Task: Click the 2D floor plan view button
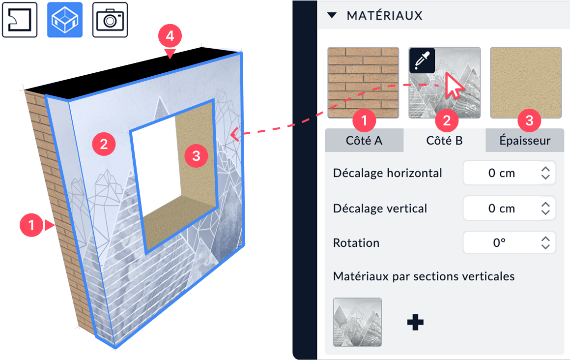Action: tap(20, 20)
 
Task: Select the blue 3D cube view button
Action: tap(65, 20)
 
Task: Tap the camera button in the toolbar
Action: tap(110, 20)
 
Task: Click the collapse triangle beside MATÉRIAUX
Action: tap(332, 15)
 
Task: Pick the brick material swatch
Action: tap(363, 82)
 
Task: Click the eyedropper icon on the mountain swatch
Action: tap(422, 60)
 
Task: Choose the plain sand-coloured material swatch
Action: tap(526, 82)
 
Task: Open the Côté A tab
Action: tap(364, 140)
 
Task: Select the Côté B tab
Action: tap(444, 140)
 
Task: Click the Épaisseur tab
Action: tap(525, 140)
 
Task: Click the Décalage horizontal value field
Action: tap(509, 173)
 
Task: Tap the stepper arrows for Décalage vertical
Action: tap(545, 209)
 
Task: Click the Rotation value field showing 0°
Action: tap(509, 243)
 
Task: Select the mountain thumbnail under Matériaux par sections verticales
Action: tap(357, 322)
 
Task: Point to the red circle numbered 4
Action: tap(170, 36)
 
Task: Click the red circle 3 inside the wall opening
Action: tap(196, 156)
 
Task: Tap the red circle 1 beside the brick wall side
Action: tap(31, 225)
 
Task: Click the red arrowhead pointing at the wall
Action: tap(234, 134)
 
